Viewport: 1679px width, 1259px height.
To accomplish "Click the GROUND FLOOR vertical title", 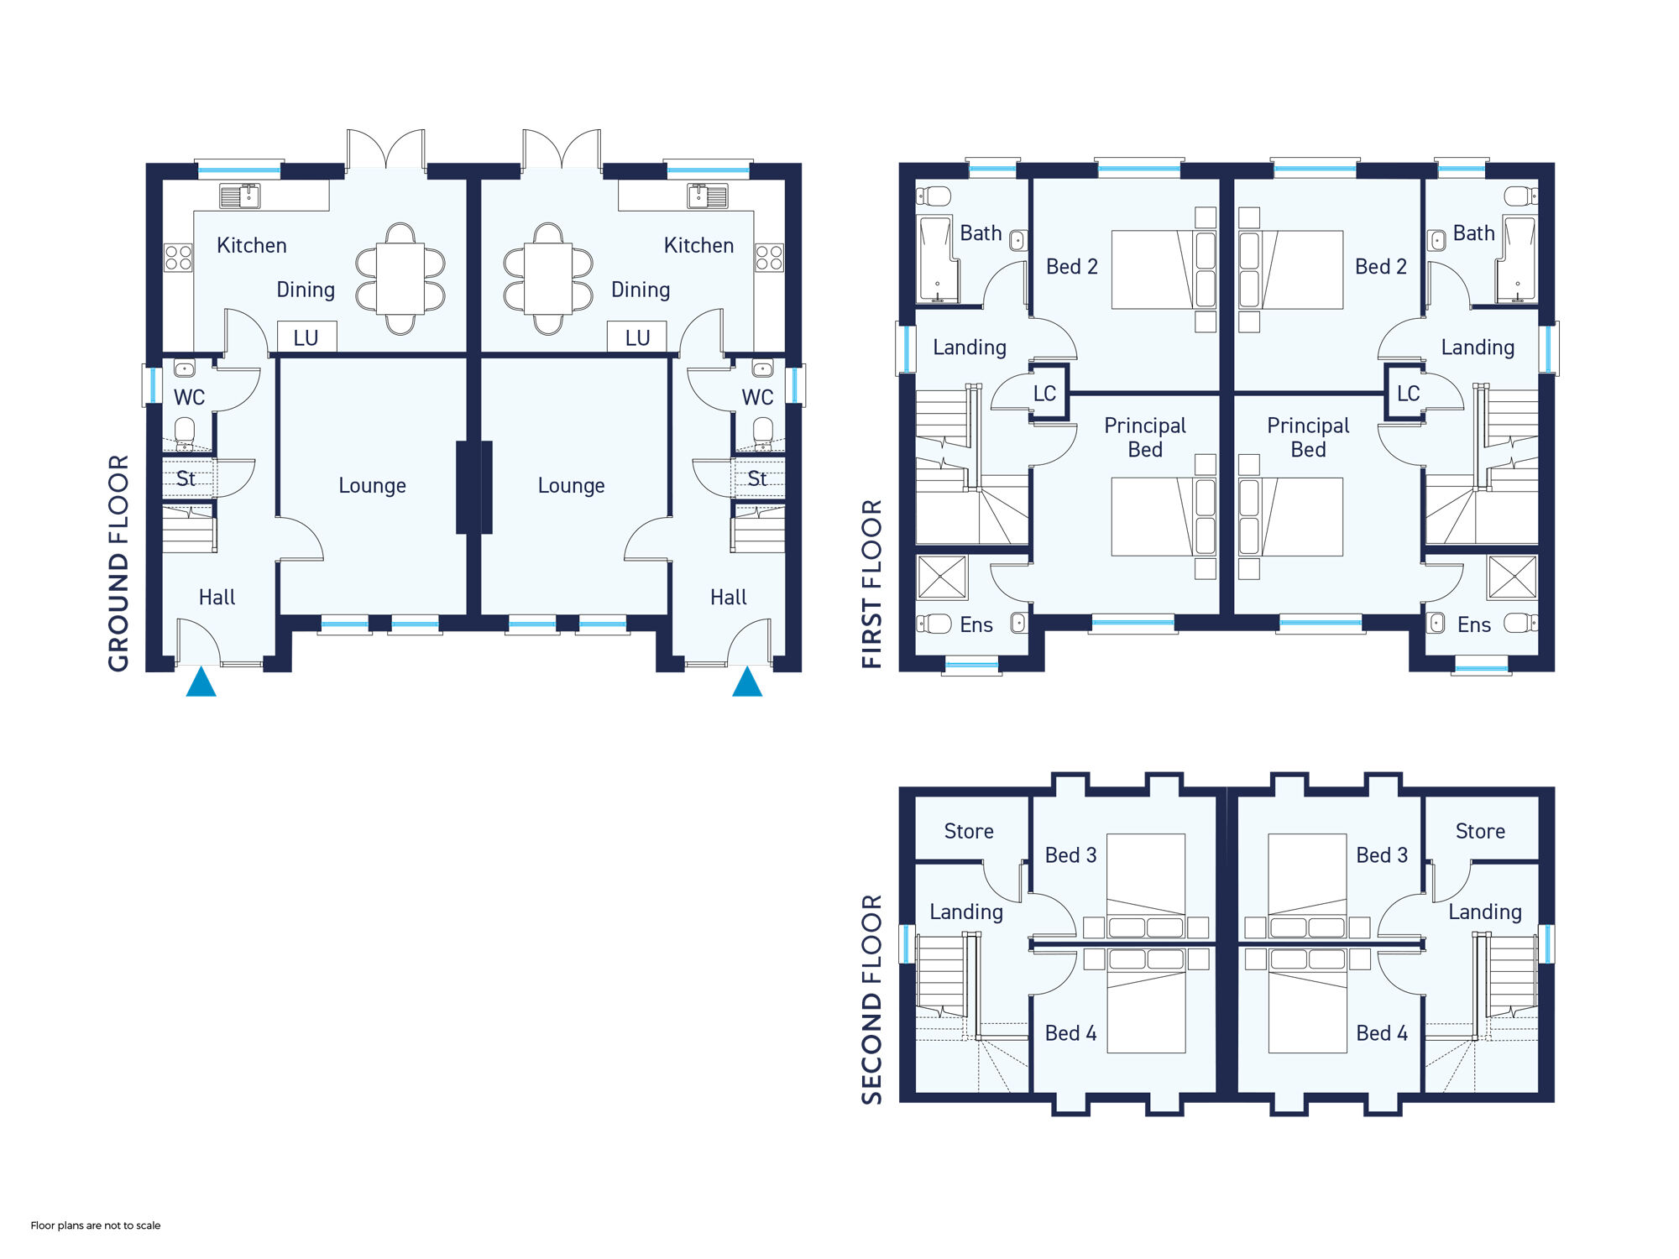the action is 118,563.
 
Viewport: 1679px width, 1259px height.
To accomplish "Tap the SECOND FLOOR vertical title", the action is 872,1000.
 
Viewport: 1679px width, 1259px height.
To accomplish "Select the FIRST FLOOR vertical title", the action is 872,584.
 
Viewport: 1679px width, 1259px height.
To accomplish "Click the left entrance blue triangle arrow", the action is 201,682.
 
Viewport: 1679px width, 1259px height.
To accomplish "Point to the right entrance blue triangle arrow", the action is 747,682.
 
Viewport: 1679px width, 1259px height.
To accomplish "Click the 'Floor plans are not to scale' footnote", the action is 96,1225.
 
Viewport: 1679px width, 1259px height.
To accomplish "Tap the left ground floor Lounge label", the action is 372,486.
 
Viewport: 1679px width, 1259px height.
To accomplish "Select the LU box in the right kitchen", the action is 637,337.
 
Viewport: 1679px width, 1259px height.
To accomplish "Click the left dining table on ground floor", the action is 400,279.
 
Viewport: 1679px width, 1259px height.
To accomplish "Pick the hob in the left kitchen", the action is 178,258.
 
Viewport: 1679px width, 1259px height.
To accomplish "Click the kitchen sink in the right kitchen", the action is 708,196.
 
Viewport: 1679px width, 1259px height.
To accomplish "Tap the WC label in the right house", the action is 757,397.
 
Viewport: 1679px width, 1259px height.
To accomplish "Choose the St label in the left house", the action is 186,478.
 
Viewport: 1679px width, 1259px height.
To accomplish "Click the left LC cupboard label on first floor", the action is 1044,394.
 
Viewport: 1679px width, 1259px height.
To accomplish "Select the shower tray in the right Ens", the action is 1512,577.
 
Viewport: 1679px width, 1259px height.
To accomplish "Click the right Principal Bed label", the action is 1308,437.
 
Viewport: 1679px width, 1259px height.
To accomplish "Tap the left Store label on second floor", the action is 969,831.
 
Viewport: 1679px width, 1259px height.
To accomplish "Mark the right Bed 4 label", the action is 1382,1033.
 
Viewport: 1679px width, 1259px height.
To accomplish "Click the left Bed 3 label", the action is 1070,855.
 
